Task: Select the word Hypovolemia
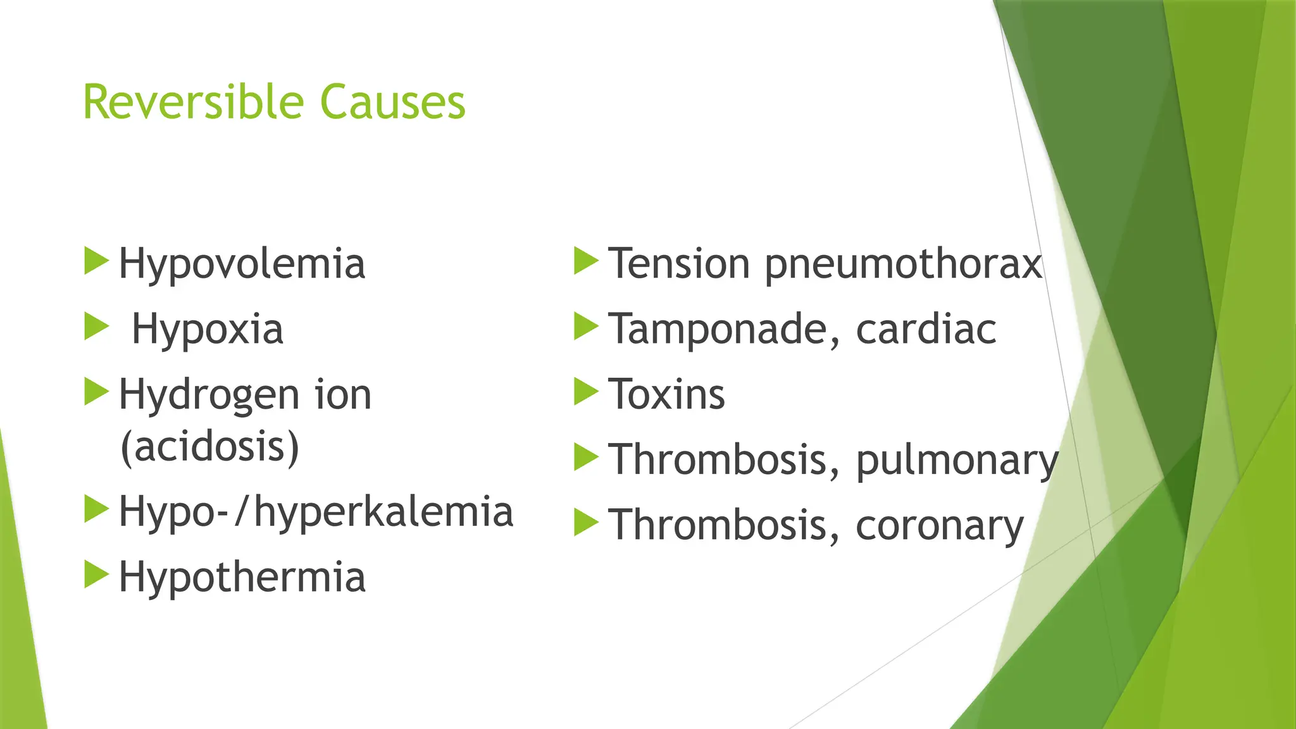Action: pyautogui.click(x=242, y=263)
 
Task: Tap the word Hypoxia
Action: pyautogui.click(x=207, y=329)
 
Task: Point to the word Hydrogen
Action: pyautogui.click(x=209, y=395)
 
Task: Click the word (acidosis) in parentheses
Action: pyautogui.click(x=209, y=447)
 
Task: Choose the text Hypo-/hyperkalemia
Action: pyautogui.click(x=316, y=512)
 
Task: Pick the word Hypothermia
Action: pyautogui.click(x=242, y=577)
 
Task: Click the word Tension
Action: pyautogui.click(x=679, y=263)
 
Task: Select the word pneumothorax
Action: pyautogui.click(x=903, y=265)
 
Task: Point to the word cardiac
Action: pyautogui.click(x=926, y=329)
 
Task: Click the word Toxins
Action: pyautogui.click(x=666, y=394)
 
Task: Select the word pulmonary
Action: pyautogui.click(x=956, y=461)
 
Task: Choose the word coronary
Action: pyautogui.click(x=939, y=526)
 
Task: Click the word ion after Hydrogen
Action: pyautogui.click(x=343, y=395)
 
